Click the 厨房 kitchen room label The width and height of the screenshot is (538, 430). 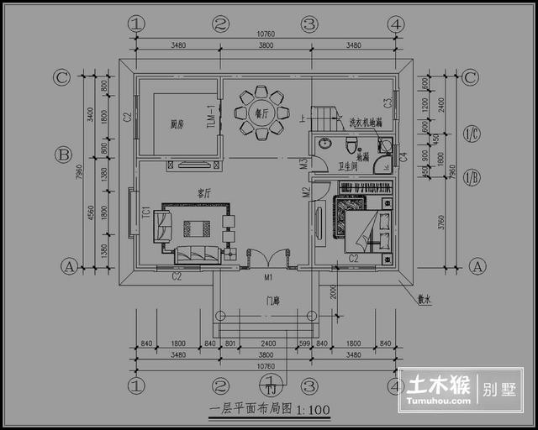177,124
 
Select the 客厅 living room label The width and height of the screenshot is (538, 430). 203,193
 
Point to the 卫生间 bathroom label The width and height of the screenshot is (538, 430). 348,166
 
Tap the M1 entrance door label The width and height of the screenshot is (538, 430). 267,276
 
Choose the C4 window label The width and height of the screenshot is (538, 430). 403,155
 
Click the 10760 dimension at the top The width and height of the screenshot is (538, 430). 264,34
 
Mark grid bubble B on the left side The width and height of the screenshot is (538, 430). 61,155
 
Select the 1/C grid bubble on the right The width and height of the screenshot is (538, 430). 472,134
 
